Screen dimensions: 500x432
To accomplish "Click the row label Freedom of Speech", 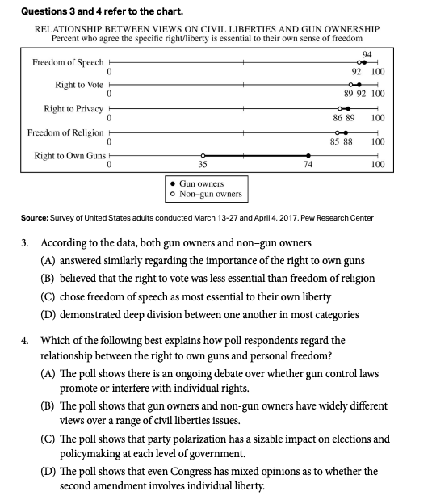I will [x=68, y=62].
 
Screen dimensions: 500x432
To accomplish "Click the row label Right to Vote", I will [x=79, y=85].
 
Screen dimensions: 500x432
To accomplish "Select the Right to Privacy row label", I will [x=73, y=108].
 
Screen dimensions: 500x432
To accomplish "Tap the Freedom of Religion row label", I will [x=65, y=132].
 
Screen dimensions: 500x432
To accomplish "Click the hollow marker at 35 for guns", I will [x=203, y=156].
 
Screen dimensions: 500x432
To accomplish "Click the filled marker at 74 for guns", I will [x=308, y=156].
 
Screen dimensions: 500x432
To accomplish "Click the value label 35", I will [x=203, y=165].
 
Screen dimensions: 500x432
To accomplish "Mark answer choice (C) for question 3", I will [x=49, y=296].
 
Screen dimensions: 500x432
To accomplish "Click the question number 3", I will [x=23, y=242].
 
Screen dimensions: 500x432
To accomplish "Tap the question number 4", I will [x=23, y=340].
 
